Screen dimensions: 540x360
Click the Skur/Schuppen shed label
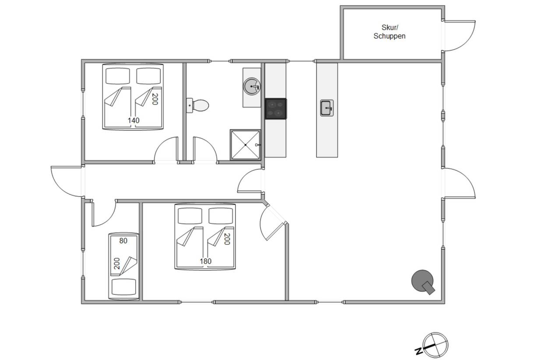point(389,31)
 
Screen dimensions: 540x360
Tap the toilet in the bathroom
point(198,105)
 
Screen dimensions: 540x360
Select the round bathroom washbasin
point(252,86)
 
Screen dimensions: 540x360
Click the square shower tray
point(245,145)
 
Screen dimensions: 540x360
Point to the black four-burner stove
point(276,108)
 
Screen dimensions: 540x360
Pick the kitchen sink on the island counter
point(327,108)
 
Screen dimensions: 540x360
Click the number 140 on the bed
point(133,120)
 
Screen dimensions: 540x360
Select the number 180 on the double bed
point(205,261)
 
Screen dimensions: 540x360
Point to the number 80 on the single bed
point(123,241)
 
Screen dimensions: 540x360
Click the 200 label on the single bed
point(117,263)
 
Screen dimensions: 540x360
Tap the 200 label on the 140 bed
point(155,99)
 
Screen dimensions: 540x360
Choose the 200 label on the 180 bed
point(227,239)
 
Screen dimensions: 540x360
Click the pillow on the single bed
point(124,287)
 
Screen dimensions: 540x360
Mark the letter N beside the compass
point(419,351)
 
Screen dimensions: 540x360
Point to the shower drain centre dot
point(245,145)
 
